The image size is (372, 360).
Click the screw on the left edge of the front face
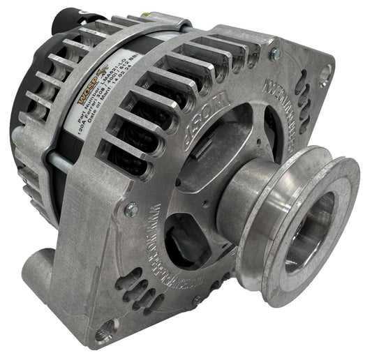click(130, 207)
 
